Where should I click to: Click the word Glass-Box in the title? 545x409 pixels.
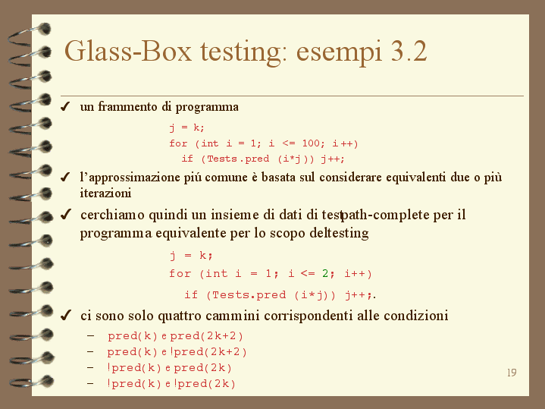pos(128,52)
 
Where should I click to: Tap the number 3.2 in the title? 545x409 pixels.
pos(409,52)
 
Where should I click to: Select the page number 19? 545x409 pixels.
pos(512,373)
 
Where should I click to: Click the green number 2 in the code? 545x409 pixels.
pos(325,273)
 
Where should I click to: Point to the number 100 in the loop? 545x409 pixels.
pos(311,143)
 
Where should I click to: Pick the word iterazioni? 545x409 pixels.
pos(105,193)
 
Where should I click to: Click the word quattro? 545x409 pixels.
pos(180,316)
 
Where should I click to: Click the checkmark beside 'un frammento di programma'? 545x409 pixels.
pos(65,106)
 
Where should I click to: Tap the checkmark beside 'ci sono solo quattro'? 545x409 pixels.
pos(65,316)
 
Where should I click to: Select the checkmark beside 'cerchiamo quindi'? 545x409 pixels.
pos(65,215)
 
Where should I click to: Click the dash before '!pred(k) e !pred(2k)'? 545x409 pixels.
pos(90,383)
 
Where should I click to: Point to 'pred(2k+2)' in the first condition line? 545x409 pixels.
pos(206,336)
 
